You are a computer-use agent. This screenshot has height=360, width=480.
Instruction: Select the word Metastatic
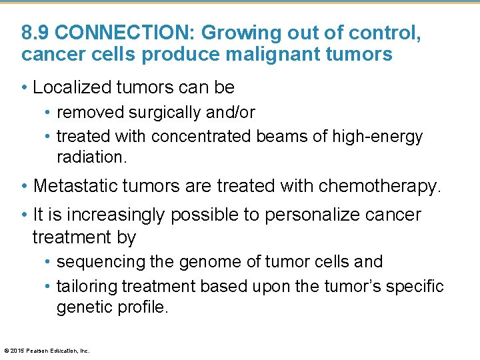[74, 185]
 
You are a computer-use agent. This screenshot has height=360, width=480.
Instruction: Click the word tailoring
[85, 286]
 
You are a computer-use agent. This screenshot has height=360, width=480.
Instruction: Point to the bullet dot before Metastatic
[25, 186]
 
